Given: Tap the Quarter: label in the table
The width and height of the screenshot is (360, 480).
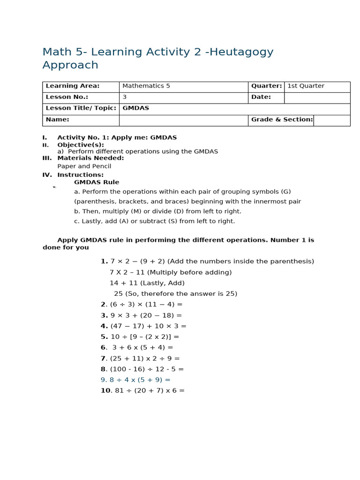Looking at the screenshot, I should tap(266, 86).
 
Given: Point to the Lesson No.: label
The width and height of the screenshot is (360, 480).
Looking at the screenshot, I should tap(67, 97).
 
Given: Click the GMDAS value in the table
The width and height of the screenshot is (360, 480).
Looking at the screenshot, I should tap(135, 108).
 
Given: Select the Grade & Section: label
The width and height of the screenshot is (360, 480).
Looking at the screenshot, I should tap(282, 120).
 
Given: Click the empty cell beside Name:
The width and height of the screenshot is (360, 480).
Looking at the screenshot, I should tap(183, 120).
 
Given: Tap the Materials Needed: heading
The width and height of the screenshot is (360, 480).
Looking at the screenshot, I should tap(90, 158).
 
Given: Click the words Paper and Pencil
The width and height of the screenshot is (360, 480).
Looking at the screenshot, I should tap(84, 166).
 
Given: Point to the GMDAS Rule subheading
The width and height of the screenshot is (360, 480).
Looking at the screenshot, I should tap(97, 182).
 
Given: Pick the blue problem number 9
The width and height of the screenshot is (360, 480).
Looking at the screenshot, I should tap(135, 380).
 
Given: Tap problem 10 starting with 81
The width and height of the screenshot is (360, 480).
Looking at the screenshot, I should tap(142, 391).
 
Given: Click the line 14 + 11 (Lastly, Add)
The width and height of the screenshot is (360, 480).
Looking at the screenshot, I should tap(147, 283).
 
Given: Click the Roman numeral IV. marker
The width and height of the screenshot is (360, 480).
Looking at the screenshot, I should tap(47, 175).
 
